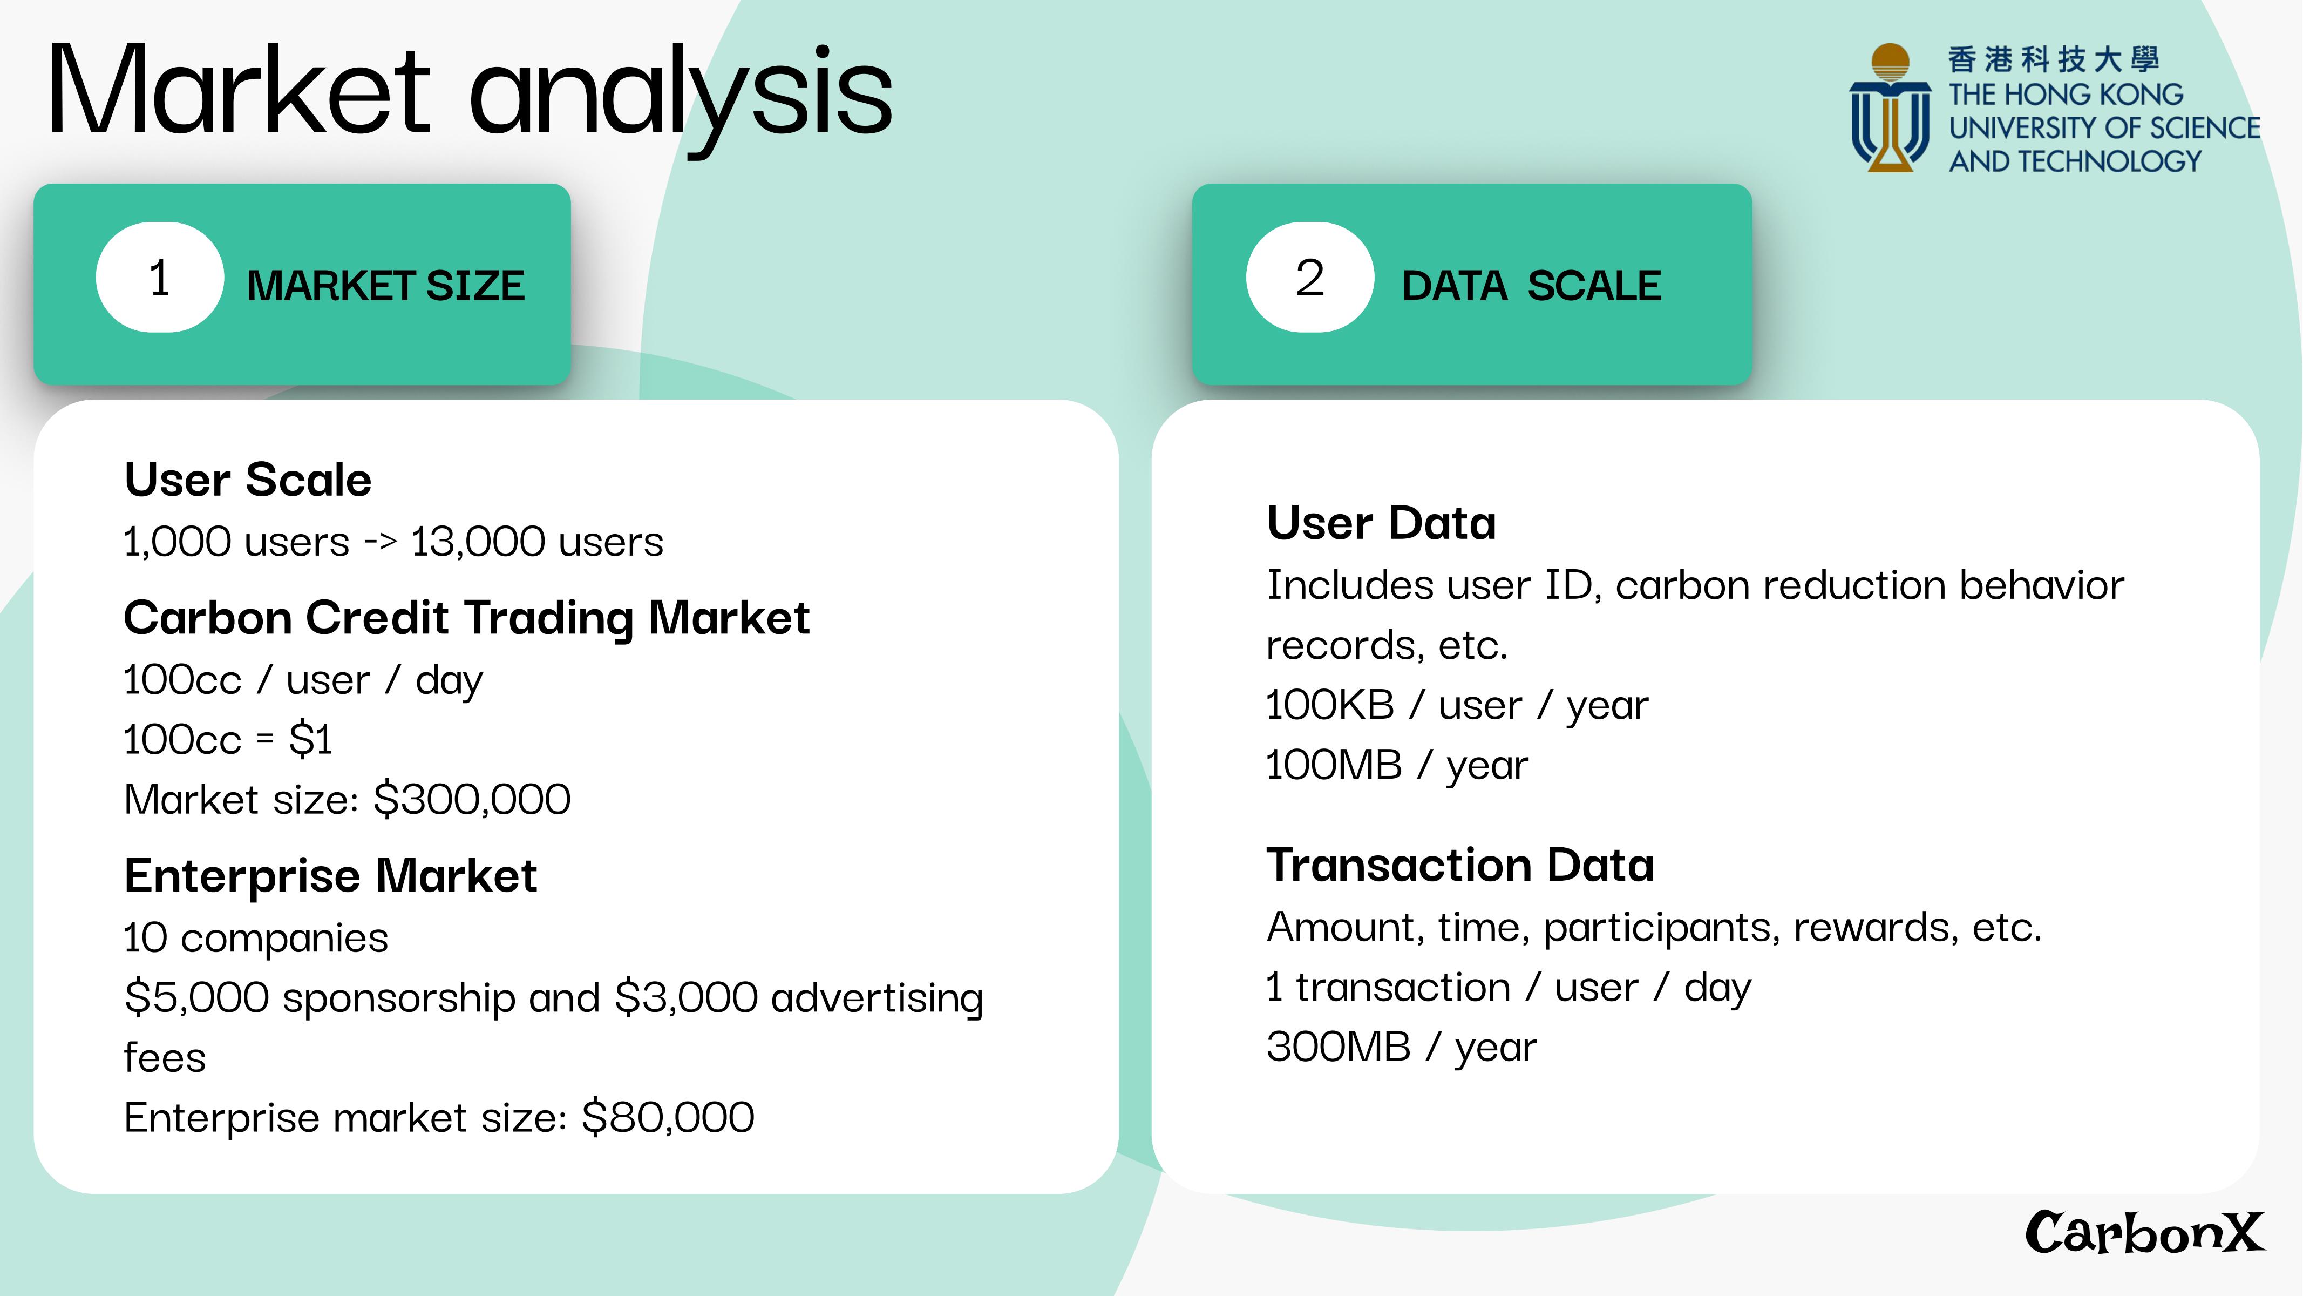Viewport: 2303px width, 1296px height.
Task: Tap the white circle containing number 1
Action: point(160,277)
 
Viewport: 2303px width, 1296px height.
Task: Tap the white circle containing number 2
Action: point(1310,277)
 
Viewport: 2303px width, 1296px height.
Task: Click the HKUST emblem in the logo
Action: point(1890,107)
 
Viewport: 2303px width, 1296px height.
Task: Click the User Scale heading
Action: point(248,480)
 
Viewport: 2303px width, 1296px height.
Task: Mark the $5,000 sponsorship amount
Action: point(196,997)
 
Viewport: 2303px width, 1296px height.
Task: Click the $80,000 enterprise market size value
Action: point(668,1117)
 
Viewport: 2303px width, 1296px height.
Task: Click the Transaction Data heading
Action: point(1460,865)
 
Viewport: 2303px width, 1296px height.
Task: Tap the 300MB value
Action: point(1339,1047)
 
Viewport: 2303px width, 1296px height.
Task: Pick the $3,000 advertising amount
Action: point(687,997)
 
